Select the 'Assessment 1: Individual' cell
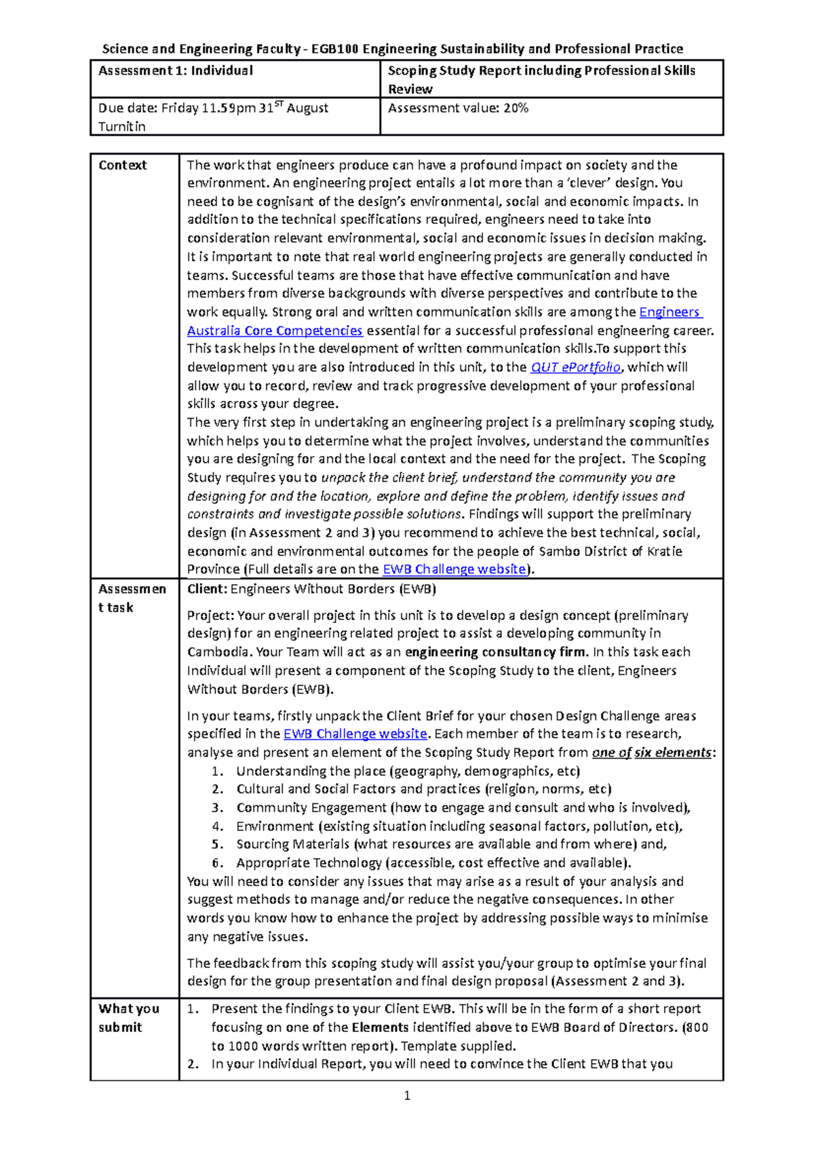[x=176, y=71]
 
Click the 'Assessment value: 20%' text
[x=458, y=108]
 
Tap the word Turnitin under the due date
[x=122, y=126]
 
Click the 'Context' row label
[x=123, y=165]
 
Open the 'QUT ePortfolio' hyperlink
[x=575, y=367]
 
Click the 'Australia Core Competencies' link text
[x=275, y=330]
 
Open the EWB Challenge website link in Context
[x=454, y=569]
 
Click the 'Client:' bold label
[x=208, y=589]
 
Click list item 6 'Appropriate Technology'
[x=309, y=863]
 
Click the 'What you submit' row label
[x=129, y=1018]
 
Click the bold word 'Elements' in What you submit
[x=380, y=1027]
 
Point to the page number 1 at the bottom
[x=407, y=1096]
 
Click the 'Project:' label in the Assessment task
[x=210, y=615]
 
